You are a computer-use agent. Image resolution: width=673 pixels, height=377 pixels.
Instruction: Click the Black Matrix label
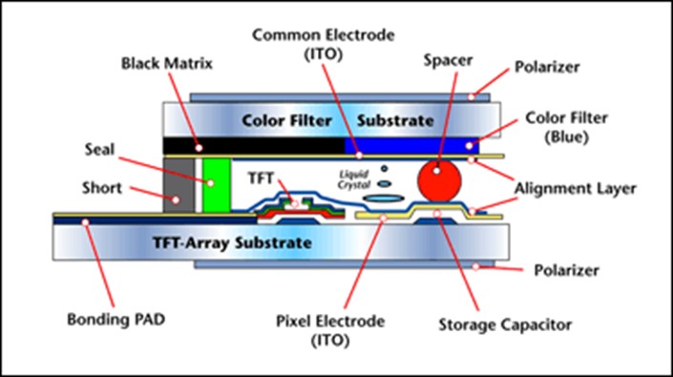click(x=167, y=64)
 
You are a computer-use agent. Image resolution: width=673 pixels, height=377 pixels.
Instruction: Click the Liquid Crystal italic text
click(x=352, y=179)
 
